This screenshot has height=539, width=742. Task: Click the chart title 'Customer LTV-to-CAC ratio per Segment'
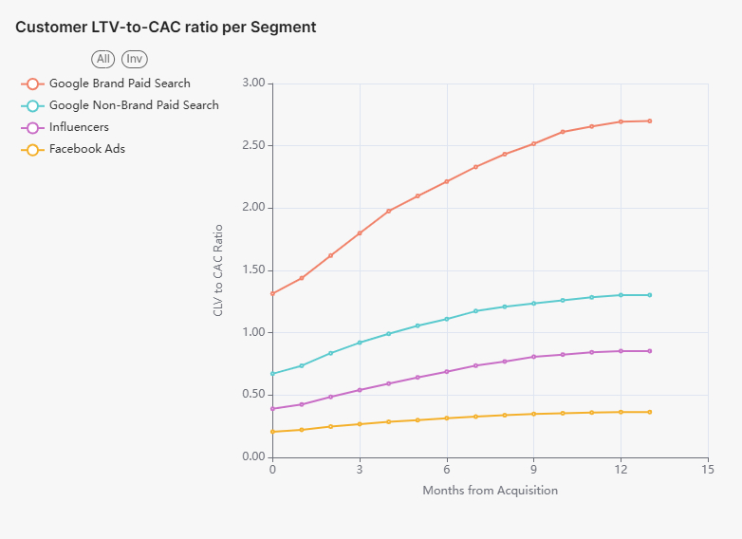(166, 28)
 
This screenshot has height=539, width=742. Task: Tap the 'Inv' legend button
(135, 59)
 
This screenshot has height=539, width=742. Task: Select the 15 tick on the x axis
(707, 470)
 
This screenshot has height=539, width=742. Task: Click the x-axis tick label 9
(533, 470)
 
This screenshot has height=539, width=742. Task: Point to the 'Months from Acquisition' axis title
(490, 491)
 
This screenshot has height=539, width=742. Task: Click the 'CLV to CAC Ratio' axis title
(218, 270)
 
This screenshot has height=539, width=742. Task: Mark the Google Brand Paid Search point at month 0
(272, 293)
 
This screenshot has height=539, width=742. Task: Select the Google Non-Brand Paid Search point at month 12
(621, 295)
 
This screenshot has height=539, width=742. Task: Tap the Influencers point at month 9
(533, 357)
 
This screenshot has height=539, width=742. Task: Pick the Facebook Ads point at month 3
(360, 424)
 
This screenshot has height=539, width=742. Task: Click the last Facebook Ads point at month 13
(649, 412)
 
